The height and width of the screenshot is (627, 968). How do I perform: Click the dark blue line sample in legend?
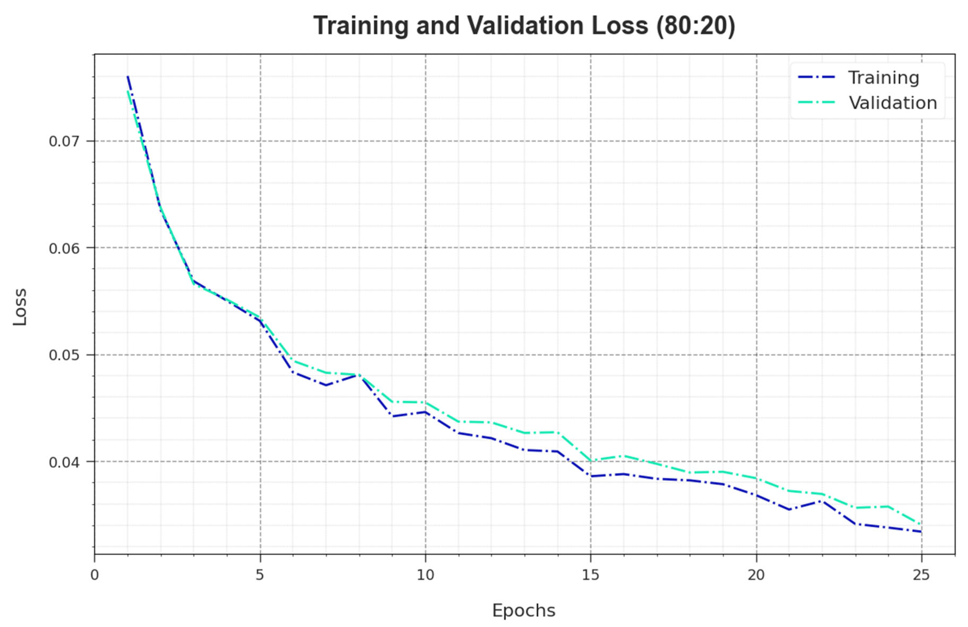[816, 77]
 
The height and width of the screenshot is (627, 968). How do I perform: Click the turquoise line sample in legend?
[816, 102]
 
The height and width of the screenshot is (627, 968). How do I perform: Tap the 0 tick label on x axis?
[95, 575]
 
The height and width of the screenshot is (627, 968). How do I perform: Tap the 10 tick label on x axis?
[425, 575]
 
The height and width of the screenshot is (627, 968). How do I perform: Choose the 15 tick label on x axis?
[591, 575]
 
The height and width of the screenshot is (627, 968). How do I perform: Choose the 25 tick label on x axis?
[921, 575]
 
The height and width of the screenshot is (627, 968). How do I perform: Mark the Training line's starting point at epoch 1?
[128, 76]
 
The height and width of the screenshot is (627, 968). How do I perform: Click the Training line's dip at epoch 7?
[326, 385]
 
